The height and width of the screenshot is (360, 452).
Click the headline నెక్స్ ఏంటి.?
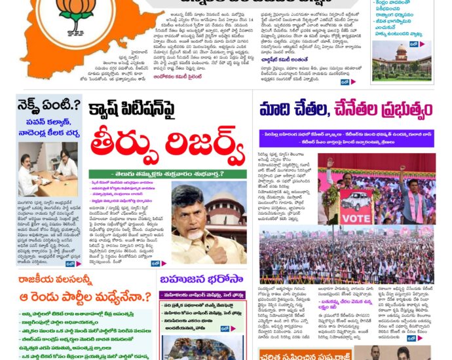point(50,105)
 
